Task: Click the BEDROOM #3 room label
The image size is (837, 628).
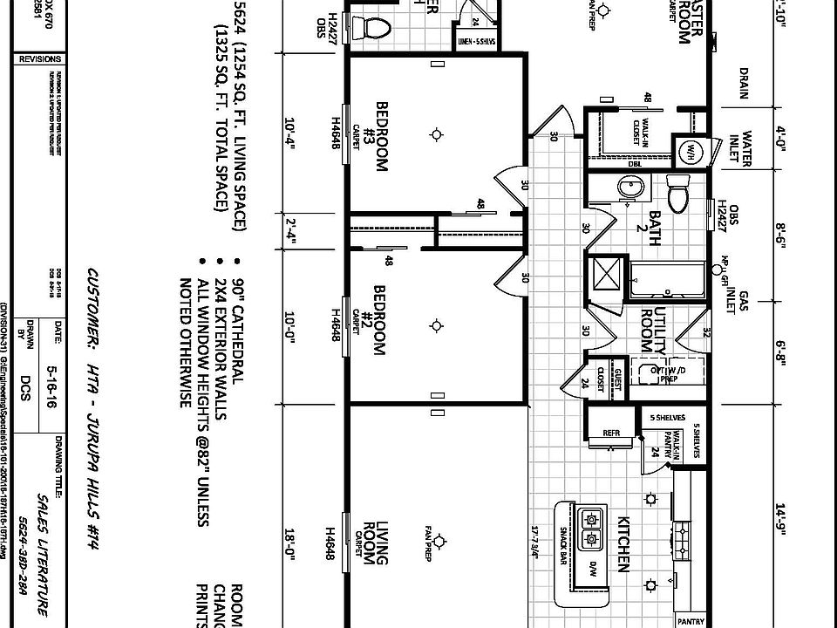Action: [x=381, y=136]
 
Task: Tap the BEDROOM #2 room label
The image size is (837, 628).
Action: [x=380, y=320]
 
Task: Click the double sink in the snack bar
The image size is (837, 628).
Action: [x=593, y=529]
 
